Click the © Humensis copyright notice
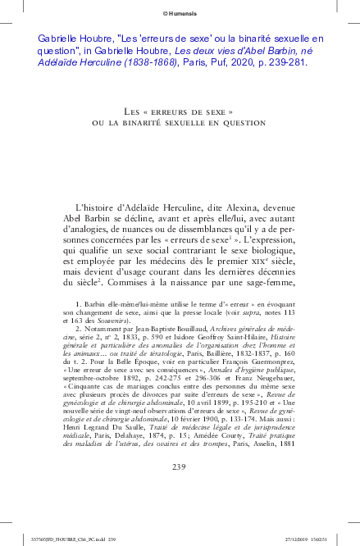(179, 12)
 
